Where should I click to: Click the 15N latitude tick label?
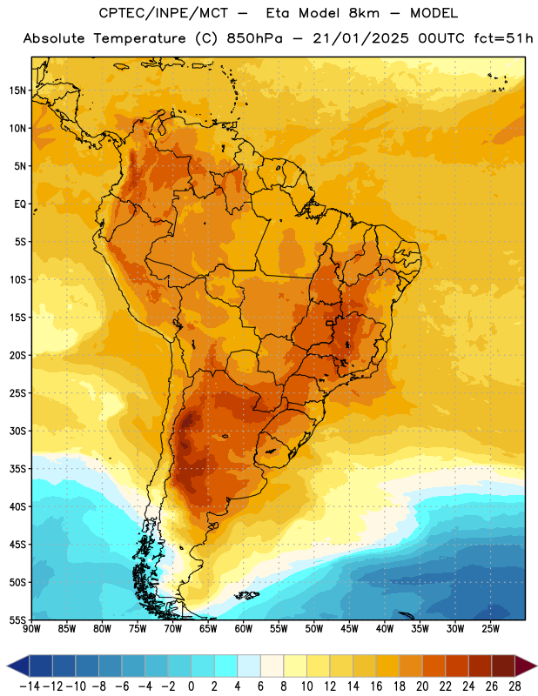pyautogui.click(x=17, y=90)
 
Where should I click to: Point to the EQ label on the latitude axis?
pyautogui.click(x=20, y=204)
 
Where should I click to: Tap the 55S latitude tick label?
pyautogui.click(x=17, y=619)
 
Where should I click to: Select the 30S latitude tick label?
pyautogui.click(x=17, y=431)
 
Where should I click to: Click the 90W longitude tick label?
pyautogui.click(x=31, y=629)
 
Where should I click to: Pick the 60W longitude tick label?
pyautogui.click(x=244, y=629)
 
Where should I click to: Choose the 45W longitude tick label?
pyautogui.click(x=349, y=629)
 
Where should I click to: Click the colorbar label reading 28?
pyautogui.click(x=514, y=686)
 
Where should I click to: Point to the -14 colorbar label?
pyautogui.click(x=30, y=686)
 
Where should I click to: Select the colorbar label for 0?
pyautogui.click(x=191, y=686)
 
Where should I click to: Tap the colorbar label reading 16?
pyautogui.click(x=376, y=686)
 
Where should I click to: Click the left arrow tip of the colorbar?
pyautogui.click(x=7, y=666)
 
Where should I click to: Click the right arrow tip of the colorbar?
pyautogui.click(x=536, y=666)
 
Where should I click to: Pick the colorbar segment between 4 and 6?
pyautogui.click(x=249, y=666)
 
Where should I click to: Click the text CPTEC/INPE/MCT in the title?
pyautogui.click(x=163, y=13)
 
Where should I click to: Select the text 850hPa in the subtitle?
pyautogui.click(x=254, y=38)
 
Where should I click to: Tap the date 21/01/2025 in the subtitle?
pyautogui.click(x=360, y=38)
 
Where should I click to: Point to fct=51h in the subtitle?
pyautogui.click(x=503, y=38)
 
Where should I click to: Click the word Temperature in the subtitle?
pyautogui.click(x=139, y=39)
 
